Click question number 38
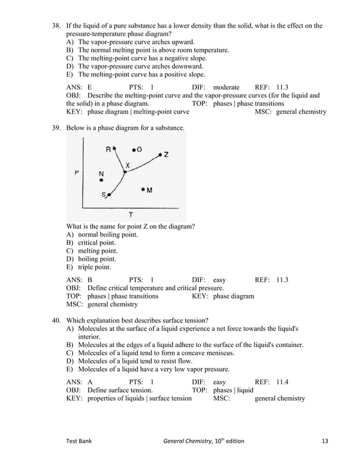(x=56, y=25)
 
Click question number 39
(x=56, y=128)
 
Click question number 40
(x=56, y=320)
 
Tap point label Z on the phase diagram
(x=166, y=154)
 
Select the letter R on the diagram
(x=108, y=149)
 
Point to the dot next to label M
(x=143, y=190)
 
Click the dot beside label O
(x=133, y=150)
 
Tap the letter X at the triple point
(x=128, y=165)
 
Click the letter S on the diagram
(x=104, y=195)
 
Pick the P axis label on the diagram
(x=77, y=172)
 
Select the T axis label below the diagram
(x=130, y=214)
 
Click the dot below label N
(x=102, y=181)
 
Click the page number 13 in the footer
(x=323, y=441)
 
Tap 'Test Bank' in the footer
(x=80, y=441)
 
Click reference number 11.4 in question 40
(x=283, y=382)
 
